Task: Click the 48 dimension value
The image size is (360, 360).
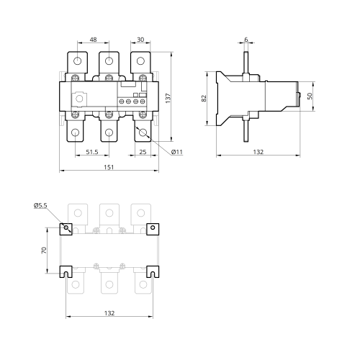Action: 93,40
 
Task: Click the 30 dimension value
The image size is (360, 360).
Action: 140,40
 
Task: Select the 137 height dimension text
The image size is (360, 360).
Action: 168,98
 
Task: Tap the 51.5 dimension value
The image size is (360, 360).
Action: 92,152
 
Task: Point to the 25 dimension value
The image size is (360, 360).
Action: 143,152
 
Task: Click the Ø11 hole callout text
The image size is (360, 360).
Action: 177,152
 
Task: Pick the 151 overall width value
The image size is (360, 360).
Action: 109,167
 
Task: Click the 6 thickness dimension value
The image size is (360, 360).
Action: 246,40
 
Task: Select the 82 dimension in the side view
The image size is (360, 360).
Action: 204,99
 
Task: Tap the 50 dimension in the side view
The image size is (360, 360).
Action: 310,96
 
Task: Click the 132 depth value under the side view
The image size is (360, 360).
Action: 258,152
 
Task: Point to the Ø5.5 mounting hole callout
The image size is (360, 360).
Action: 40,206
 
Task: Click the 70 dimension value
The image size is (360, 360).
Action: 44,251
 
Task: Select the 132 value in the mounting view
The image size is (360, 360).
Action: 109,313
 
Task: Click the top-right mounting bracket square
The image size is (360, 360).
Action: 153,229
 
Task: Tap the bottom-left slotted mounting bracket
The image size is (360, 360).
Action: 66,271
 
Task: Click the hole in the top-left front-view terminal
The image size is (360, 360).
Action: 77,61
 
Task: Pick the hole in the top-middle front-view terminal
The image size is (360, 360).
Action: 109,61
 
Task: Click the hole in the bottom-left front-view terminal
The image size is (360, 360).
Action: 76,132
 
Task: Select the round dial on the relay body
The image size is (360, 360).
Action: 79,99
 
